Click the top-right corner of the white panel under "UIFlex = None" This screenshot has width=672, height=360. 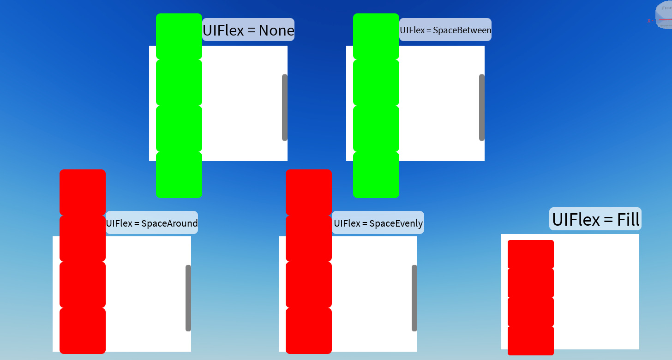click(x=288, y=46)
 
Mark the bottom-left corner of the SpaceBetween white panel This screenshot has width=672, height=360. click(x=346, y=161)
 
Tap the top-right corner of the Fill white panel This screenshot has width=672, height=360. click(x=639, y=234)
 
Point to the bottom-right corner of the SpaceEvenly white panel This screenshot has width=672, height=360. click(x=417, y=352)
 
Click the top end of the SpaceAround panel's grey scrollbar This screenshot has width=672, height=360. click(x=188, y=265)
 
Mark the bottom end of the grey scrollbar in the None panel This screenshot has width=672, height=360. click(x=285, y=140)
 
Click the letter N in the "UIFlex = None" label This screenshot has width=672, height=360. click(x=264, y=30)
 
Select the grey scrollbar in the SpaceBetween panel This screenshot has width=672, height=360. click(x=482, y=108)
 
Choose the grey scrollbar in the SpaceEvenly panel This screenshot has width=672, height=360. click(x=414, y=298)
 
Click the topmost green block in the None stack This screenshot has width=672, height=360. click(x=179, y=36)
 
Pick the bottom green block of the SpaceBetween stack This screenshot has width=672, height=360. click(x=376, y=175)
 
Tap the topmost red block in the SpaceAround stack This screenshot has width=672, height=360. click(x=83, y=192)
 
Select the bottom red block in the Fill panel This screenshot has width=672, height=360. click(x=531, y=341)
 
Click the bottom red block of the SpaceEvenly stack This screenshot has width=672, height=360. click(x=309, y=331)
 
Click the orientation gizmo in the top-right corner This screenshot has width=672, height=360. click(x=664, y=15)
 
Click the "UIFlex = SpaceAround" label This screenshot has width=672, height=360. click(x=152, y=222)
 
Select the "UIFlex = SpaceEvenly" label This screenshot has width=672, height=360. click(x=378, y=222)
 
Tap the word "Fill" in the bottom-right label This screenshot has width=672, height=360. click(x=628, y=220)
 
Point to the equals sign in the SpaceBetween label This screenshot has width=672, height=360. click(x=429, y=30)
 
